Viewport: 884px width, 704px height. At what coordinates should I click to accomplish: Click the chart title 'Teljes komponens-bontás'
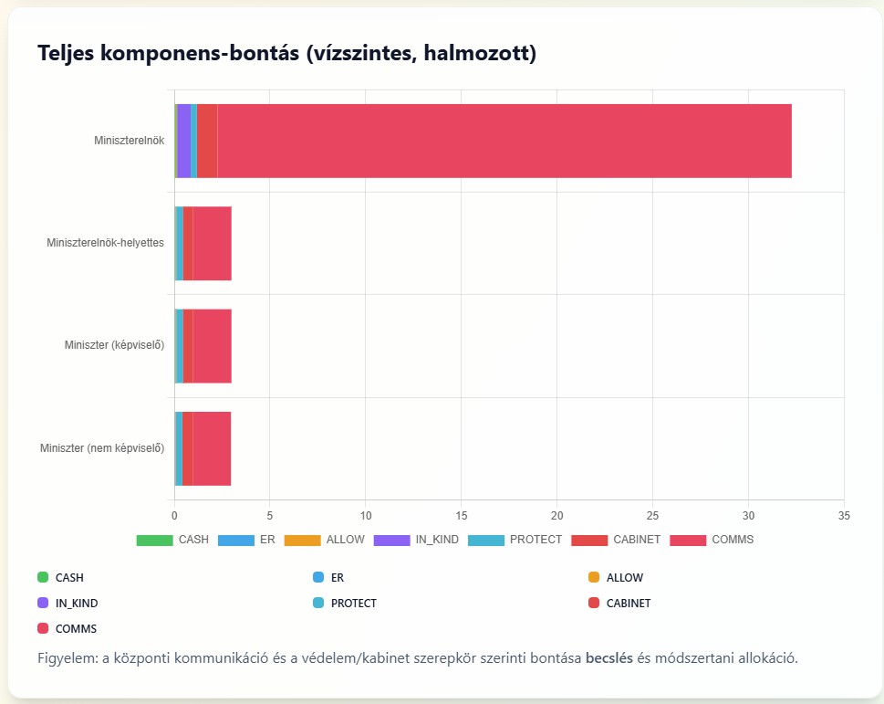pyautogui.click(x=286, y=54)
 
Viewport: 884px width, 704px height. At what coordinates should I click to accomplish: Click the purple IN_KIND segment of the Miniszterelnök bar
pyautogui.click(x=183, y=141)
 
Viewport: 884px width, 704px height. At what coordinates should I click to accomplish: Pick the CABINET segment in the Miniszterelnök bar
pyautogui.click(x=207, y=141)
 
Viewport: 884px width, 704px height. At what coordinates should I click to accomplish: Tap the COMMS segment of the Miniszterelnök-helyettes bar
pyautogui.click(x=213, y=243)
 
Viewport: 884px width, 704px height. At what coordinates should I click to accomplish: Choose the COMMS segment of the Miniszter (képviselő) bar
pyautogui.click(x=213, y=345)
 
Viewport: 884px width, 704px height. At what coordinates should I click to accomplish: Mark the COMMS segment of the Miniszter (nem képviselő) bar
pyautogui.click(x=212, y=448)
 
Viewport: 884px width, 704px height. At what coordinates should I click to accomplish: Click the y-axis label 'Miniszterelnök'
pyautogui.click(x=129, y=141)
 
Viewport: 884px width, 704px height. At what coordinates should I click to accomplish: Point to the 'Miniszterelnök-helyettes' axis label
pyautogui.click(x=105, y=243)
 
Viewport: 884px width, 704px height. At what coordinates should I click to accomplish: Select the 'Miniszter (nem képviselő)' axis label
pyautogui.click(x=102, y=448)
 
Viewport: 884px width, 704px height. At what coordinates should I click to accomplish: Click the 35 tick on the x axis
pyautogui.click(x=844, y=516)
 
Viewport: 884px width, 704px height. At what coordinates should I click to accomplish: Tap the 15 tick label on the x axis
pyautogui.click(x=462, y=516)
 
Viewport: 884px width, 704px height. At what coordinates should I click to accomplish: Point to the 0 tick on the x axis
pyautogui.click(x=174, y=516)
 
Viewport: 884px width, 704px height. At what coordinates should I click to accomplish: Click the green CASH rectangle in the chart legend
pyautogui.click(x=154, y=540)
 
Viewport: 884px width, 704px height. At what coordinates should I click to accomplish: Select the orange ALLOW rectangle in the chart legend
pyautogui.click(x=302, y=540)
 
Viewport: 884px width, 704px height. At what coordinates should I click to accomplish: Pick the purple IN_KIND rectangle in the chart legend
pyautogui.click(x=391, y=540)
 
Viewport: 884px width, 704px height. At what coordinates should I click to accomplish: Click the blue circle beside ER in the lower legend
pyautogui.click(x=318, y=577)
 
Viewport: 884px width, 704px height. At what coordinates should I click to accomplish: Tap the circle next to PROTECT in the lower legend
pyautogui.click(x=318, y=603)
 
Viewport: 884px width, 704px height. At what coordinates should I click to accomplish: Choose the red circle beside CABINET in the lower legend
pyautogui.click(x=594, y=603)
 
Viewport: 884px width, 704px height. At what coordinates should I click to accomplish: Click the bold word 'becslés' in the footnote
pyautogui.click(x=610, y=657)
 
